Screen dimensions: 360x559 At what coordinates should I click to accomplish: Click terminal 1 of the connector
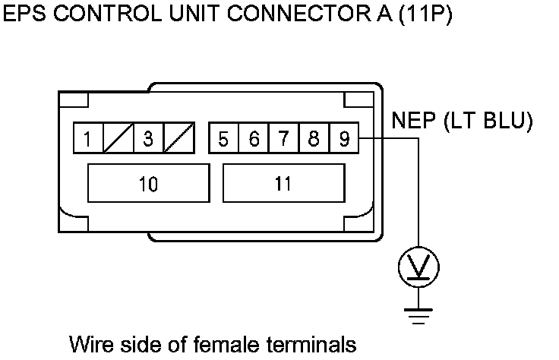coord(88,139)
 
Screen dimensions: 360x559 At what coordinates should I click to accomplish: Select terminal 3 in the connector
coord(149,139)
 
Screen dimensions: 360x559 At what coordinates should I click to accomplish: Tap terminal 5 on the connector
coord(223,139)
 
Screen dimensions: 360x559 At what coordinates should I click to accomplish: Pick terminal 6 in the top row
coord(254,139)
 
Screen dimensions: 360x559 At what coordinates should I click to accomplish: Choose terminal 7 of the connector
coord(283,139)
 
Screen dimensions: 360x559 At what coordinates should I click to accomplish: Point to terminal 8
coord(314,139)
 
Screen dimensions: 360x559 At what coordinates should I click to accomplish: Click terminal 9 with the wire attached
coord(343,139)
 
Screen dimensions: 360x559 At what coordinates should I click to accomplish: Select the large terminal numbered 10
coord(149,183)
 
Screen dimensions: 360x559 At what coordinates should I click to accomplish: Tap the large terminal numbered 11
coord(283,183)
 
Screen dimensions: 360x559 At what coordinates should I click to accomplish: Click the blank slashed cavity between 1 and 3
coord(118,139)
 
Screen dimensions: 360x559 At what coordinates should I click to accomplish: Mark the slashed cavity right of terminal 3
coord(179,139)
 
